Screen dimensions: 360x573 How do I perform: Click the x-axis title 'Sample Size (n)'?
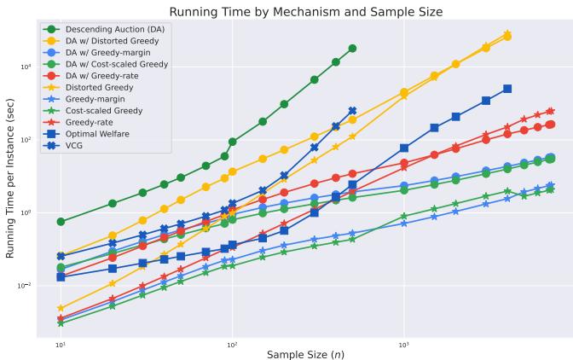305,353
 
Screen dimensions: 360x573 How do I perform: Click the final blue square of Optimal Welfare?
507,89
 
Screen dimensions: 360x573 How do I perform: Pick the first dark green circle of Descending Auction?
61,222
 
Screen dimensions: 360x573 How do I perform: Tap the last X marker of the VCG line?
352,111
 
